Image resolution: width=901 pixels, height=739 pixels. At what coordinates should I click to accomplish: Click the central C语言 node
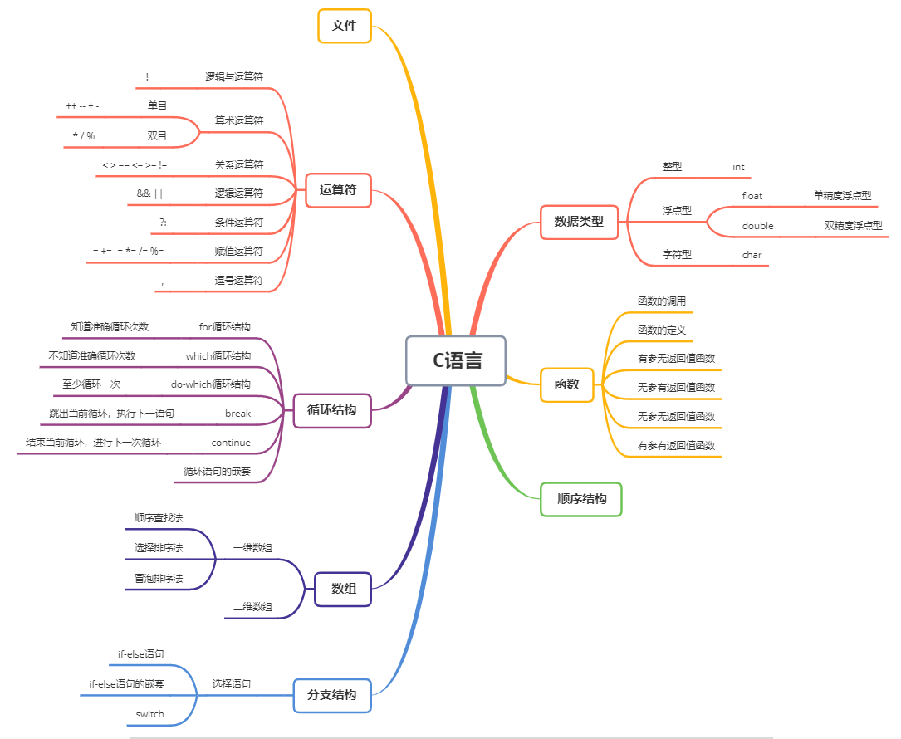click(456, 361)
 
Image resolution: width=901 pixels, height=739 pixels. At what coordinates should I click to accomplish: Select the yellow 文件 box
click(345, 26)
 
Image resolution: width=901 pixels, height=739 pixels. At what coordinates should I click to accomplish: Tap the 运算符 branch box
click(338, 190)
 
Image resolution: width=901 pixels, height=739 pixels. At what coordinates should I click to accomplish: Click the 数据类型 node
click(579, 222)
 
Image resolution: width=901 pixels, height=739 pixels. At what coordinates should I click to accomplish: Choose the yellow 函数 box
click(567, 384)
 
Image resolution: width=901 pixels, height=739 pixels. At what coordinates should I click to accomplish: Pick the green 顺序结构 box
click(581, 499)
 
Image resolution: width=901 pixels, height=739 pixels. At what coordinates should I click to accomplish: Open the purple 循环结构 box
click(332, 409)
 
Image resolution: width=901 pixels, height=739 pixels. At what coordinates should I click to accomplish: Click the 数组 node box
click(344, 589)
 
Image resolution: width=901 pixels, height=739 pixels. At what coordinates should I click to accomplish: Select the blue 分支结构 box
click(332, 694)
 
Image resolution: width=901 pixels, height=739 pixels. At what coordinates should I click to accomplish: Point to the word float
click(752, 196)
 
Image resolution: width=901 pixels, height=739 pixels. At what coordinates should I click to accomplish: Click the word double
click(757, 226)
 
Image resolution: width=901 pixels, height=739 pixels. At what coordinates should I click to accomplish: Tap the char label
click(752, 255)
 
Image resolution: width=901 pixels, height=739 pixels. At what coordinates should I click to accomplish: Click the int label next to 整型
click(738, 167)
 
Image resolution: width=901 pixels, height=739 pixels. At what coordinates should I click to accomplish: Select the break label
click(237, 413)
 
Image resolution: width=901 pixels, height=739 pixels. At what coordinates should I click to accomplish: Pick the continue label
click(231, 443)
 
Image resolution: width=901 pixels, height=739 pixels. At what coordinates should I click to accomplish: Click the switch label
click(150, 714)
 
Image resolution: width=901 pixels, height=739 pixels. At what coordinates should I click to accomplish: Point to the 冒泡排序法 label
click(159, 578)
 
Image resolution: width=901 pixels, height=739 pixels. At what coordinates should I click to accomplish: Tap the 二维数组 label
click(252, 607)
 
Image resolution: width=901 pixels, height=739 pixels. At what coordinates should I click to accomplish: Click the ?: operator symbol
click(163, 223)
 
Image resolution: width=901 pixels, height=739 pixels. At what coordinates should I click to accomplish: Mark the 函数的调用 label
click(662, 301)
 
